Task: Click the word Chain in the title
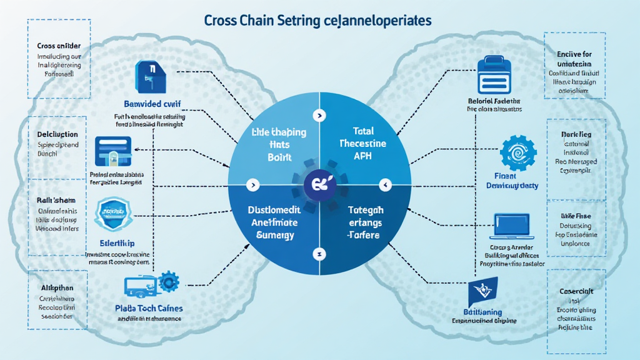[256, 20]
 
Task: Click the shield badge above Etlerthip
[112, 215]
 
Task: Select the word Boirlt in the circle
[279, 157]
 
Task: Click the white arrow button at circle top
[319, 116]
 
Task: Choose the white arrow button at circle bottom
[319, 256]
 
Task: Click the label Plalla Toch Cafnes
[145, 308]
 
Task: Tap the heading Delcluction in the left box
[57, 134]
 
